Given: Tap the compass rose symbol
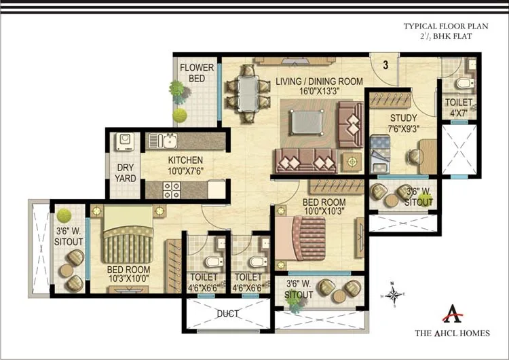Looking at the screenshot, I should pos(392,294).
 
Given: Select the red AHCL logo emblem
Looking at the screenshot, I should pos(453,313).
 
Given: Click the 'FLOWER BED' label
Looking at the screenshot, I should pos(197,73).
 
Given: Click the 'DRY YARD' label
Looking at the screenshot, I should pos(125,173).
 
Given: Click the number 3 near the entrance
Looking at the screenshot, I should pos(385,65).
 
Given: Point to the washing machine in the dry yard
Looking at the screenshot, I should pos(124,141).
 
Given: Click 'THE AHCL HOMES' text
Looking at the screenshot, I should pos(452,333).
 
